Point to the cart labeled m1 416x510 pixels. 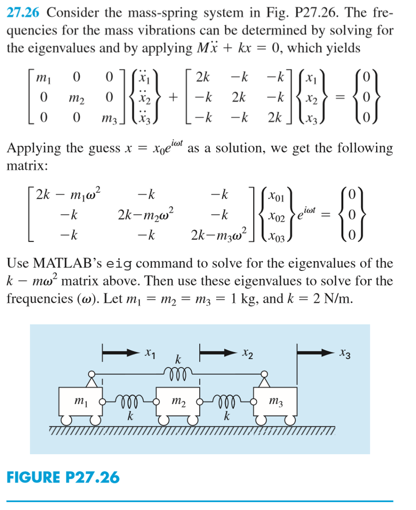(x=79, y=399)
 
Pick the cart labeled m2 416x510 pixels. (x=177, y=399)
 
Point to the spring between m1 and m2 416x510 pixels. (x=128, y=400)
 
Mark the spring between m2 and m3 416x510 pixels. (x=226, y=400)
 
